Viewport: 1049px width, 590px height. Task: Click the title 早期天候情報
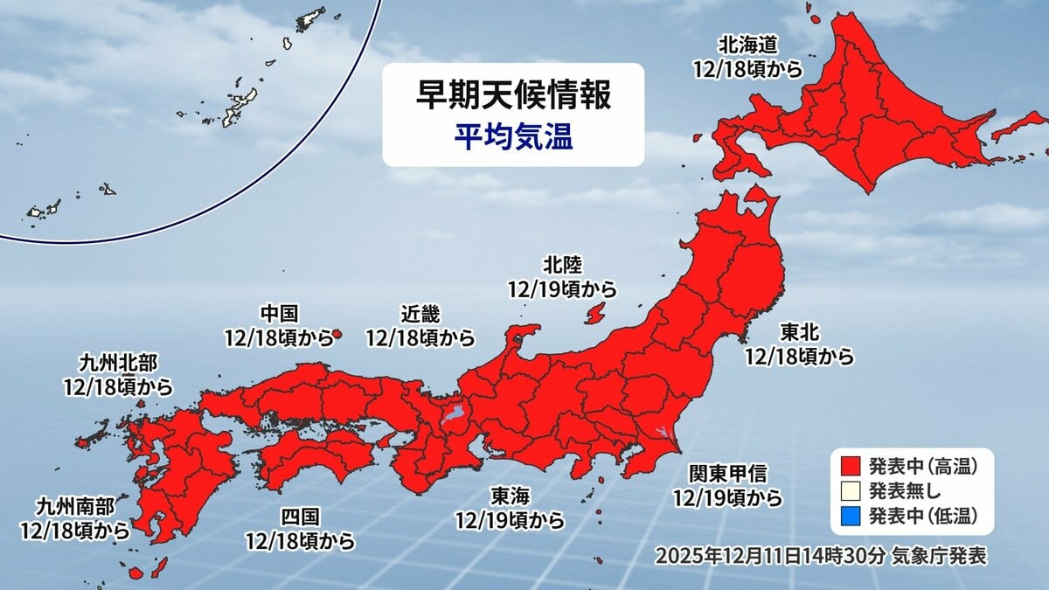point(513,96)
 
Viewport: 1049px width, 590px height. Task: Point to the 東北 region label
point(799,333)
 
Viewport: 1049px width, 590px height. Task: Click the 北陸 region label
point(561,264)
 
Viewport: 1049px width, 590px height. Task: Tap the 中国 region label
point(280,312)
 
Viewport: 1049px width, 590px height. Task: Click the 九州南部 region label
point(75,505)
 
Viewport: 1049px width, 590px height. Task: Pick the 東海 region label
point(510,496)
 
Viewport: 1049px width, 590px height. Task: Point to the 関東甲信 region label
point(726,474)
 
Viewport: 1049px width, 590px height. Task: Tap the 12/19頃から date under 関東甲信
point(726,498)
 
